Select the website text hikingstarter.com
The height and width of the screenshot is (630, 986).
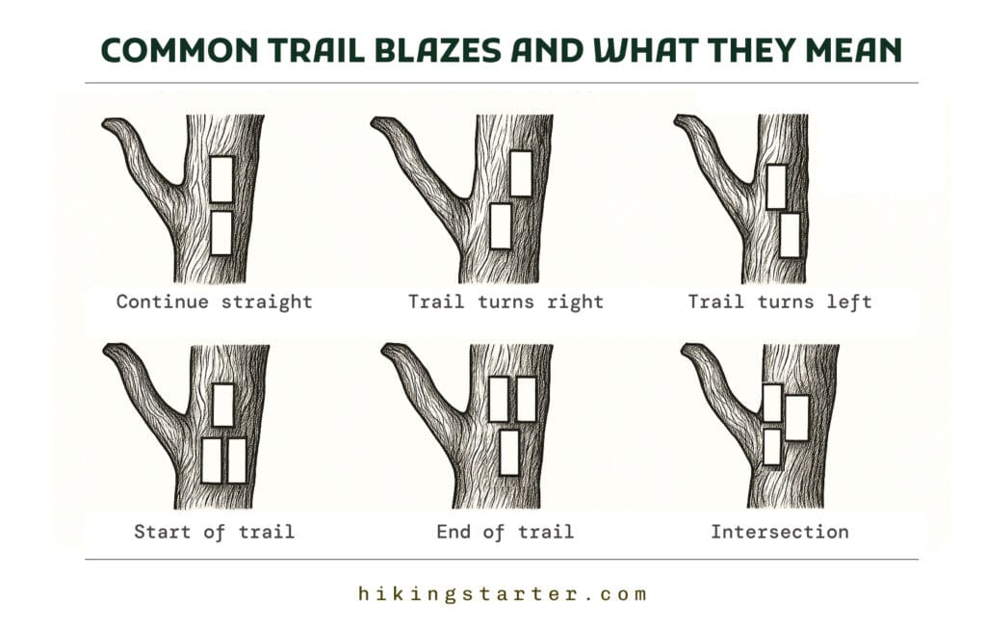pyautogui.click(x=503, y=594)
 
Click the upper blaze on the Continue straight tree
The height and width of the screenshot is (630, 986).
pyautogui.click(x=221, y=179)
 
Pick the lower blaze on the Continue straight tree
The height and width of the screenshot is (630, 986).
pyautogui.click(x=221, y=233)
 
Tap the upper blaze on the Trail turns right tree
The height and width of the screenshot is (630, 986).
pyautogui.click(x=521, y=173)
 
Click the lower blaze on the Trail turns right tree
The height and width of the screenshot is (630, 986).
pyautogui.click(x=501, y=226)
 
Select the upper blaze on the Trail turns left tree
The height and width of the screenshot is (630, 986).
pyautogui.click(x=777, y=187)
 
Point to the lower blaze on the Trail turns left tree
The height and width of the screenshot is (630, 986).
pyautogui.click(x=791, y=235)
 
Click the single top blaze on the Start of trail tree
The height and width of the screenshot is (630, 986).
pyautogui.click(x=223, y=405)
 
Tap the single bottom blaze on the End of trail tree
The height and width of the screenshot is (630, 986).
pyautogui.click(x=509, y=453)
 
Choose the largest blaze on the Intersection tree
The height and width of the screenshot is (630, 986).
pyautogui.click(x=797, y=418)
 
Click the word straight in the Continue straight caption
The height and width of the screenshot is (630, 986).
pyautogui.click(x=267, y=302)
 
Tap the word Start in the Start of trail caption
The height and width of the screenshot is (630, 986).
pyautogui.click(x=162, y=532)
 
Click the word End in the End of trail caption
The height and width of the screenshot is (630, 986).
pyautogui.click(x=453, y=532)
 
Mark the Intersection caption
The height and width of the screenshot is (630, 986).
pyautogui.click(x=780, y=532)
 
